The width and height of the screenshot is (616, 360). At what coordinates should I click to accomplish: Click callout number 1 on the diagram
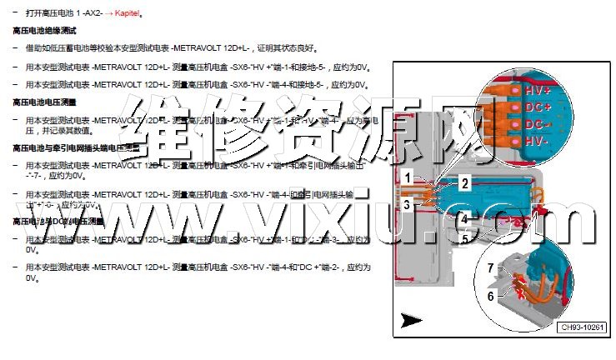406,177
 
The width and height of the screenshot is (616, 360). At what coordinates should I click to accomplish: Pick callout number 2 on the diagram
465,182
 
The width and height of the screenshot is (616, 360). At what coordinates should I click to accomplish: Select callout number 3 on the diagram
406,203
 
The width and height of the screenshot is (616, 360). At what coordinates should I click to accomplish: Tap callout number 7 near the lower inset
491,267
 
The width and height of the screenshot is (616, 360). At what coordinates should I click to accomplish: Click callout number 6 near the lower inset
491,295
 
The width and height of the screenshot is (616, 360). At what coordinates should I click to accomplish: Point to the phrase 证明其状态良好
288,48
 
